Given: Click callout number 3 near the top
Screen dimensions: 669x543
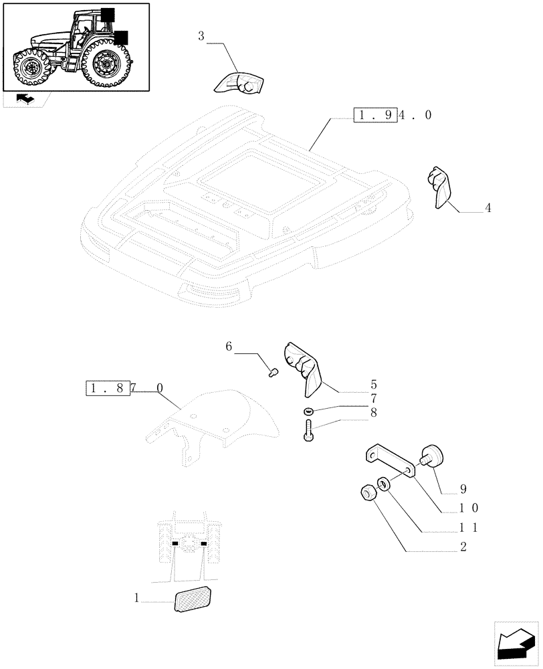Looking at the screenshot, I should pyautogui.click(x=201, y=35).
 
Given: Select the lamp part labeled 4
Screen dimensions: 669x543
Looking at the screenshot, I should pyautogui.click(x=438, y=187).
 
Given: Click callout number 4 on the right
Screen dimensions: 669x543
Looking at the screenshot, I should pyautogui.click(x=487, y=209).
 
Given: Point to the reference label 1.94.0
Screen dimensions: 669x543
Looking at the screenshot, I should pyautogui.click(x=393, y=115).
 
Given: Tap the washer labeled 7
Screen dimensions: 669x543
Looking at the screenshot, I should pyautogui.click(x=308, y=410).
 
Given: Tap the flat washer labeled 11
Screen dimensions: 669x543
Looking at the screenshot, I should pyautogui.click(x=383, y=483).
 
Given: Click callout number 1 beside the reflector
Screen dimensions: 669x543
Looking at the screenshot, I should pyautogui.click(x=136, y=599).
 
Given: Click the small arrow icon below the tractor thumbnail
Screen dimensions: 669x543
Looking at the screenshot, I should pyautogui.click(x=25, y=100).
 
